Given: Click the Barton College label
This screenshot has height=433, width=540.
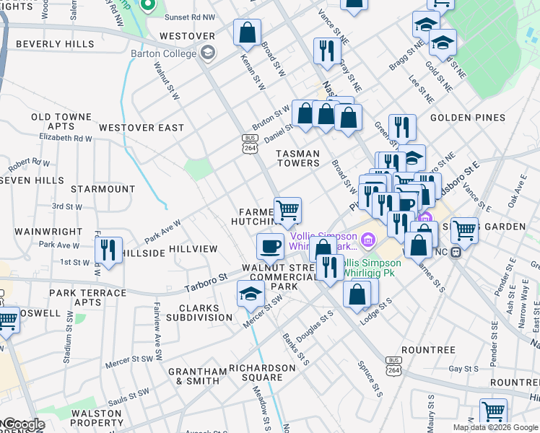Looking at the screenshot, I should click(x=163, y=53).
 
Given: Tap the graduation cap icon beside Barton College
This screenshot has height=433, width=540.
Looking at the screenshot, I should click(x=208, y=53).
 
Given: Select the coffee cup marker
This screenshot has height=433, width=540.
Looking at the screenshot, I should click(x=271, y=246).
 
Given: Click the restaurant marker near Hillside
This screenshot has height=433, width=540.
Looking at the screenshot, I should click(x=108, y=250).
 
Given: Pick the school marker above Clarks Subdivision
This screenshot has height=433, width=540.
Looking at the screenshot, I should click(x=251, y=293).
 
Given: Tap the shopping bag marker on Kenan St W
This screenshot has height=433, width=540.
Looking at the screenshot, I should click(x=247, y=32).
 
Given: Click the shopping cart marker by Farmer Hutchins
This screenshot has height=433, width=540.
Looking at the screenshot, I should click(x=287, y=211).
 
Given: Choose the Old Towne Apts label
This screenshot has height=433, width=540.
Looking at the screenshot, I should click(x=61, y=121).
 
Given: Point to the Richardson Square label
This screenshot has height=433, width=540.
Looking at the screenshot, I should click(x=262, y=372).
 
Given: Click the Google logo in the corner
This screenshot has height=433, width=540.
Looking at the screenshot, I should click(x=23, y=424).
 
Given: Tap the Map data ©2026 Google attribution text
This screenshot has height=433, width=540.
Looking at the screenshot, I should click(x=495, y=427).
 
